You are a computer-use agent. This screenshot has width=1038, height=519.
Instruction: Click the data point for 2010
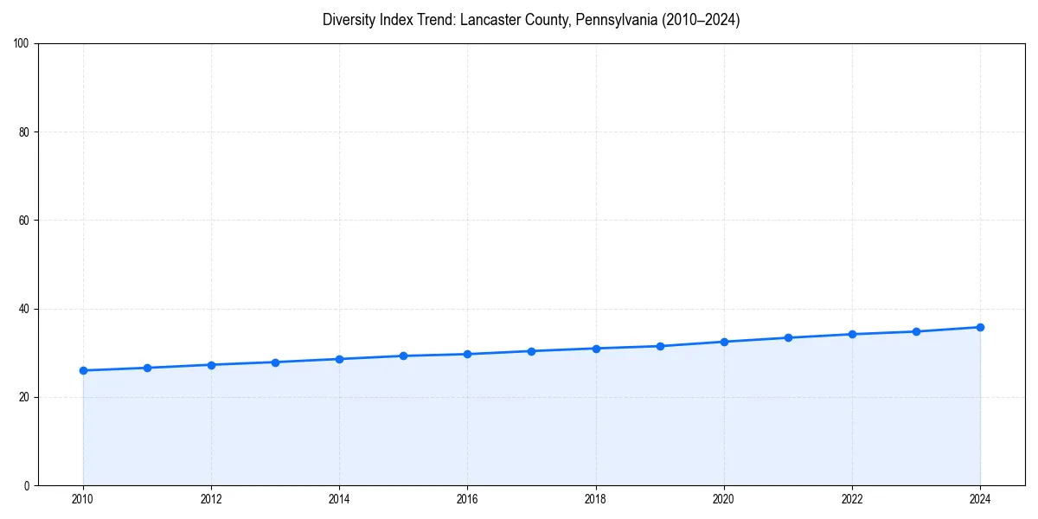tap(83, 370)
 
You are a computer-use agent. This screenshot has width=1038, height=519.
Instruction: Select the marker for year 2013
tap(275, 362)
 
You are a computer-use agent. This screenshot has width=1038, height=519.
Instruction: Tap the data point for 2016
tap(467, 354)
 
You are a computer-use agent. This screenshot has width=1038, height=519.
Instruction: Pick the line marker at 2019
tap(660, 346)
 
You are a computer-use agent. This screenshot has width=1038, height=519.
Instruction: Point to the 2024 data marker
tap(980, 327)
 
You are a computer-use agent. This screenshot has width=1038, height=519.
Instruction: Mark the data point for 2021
tap(788, 337)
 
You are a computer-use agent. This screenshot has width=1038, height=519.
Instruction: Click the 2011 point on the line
tap(147, 368)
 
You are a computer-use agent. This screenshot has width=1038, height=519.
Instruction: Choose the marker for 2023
tap(916, 331)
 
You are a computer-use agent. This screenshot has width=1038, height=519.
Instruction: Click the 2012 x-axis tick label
tap(211, 499)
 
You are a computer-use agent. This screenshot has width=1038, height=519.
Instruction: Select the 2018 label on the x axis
tap(595, 499)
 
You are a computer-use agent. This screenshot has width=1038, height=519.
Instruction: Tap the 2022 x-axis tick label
tap(852, 499)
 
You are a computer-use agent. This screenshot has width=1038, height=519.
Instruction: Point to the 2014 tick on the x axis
tap(339, 499)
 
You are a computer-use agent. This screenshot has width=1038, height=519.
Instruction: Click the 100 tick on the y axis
tap(22, 44)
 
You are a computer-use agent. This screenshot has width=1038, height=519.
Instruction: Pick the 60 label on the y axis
tap(24, 221)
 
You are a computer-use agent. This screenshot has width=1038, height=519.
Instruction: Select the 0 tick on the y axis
tap(27, 485)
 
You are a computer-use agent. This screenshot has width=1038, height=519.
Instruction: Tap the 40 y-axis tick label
tap(24, 309)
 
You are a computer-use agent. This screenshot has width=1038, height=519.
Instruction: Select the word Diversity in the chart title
tap(350, 20)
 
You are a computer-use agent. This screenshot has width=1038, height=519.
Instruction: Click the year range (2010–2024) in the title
tap(700, 20)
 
